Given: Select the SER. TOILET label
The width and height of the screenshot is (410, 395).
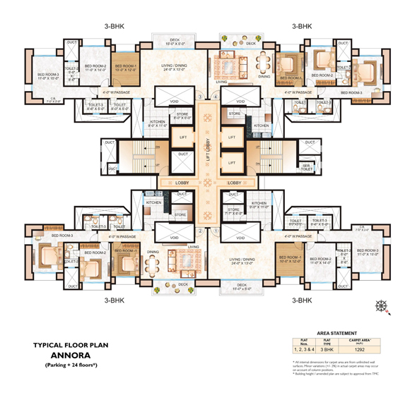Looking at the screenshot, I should (307, 166).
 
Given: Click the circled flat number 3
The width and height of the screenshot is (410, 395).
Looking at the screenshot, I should (201, 97).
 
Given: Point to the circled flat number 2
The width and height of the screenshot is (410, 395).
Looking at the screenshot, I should (201, 230).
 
